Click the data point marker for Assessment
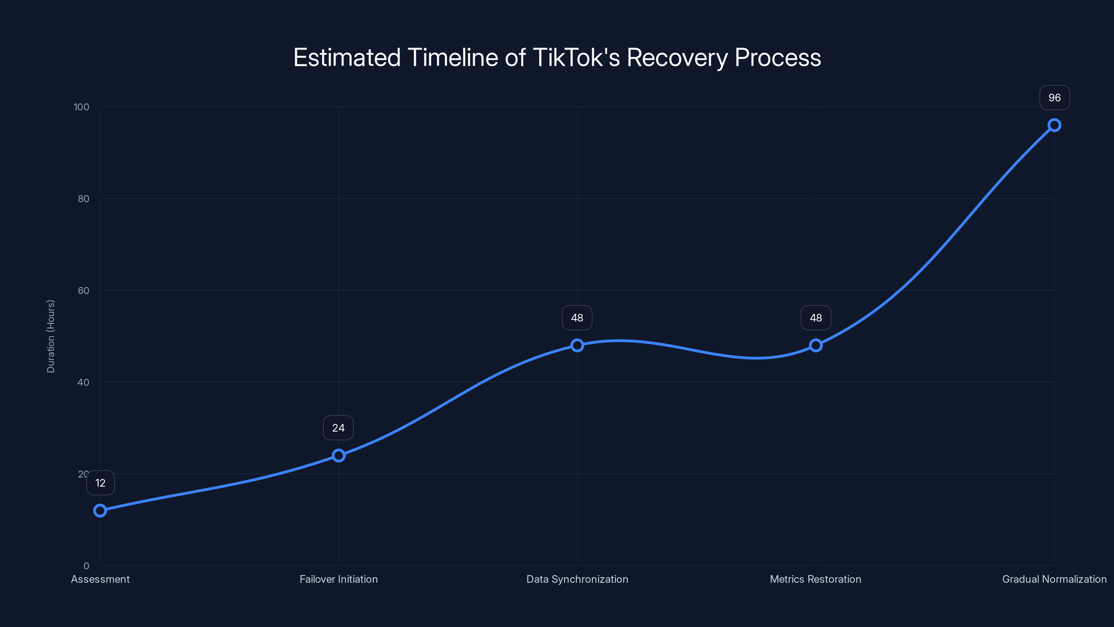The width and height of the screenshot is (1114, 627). click(100, 511)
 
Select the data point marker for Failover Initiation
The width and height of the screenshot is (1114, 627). click(339, 455)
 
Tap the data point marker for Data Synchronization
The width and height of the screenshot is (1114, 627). click(577, 345)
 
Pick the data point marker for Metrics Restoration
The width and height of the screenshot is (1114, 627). click(816, 345)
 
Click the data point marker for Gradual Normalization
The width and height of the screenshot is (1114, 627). click(1054, 125)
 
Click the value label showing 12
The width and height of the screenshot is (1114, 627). click(100, 483)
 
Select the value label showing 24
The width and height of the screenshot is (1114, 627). click(338, 428)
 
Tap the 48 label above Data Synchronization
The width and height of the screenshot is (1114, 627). click(577, 318)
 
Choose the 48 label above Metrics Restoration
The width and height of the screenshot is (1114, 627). click(816, 318)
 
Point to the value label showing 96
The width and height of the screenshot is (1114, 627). click(1054, 98)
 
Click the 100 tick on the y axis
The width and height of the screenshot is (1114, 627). click(81, 107)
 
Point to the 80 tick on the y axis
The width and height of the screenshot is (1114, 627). click(84, 199)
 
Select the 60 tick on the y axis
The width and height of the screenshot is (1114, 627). click(84, 291)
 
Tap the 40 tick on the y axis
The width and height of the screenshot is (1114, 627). click(84, 382)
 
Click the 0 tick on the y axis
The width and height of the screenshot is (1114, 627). click(86, 566)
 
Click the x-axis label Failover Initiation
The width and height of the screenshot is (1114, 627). click(339, 579)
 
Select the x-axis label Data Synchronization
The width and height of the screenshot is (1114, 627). click(577, 579)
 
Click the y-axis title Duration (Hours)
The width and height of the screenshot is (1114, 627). click(50, 336)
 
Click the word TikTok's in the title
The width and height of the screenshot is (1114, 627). click(576, 57)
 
